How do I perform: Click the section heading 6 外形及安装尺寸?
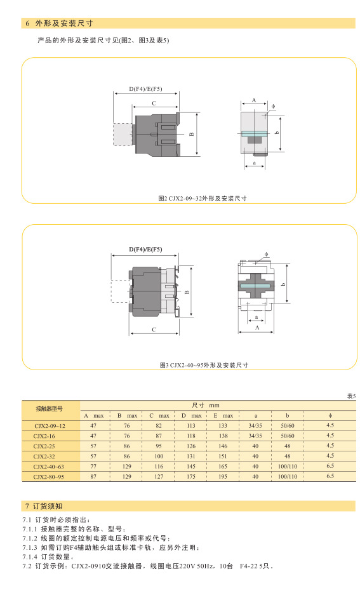pyautogui.click(x=59, y=23)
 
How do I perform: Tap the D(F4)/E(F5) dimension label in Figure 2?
pyautogui.click(x=145, y=89)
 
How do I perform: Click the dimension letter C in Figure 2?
pyautogui.click(x=154, y=103)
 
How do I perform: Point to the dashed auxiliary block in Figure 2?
pyautogui.click(x=123, y=134)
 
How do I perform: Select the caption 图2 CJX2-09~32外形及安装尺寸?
pyautogui.click(x=203, y=198)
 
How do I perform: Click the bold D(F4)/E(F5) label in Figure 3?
pyautogui.click(x=145, y=250)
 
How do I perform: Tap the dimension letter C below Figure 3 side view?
pyautogui.click(x=154, y=330)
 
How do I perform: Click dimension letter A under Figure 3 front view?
pyautogui.click(x=257, y=328)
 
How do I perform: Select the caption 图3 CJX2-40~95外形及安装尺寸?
pyautogui.click(x=204, y=365)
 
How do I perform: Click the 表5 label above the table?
pyautogui.click(x=351, y=396)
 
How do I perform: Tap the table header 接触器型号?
pyautogui.click(x=49, y=409)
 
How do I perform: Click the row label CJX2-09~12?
pyautogui.click(x=50, y=426)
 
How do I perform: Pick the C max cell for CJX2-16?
pyautogui.click(x=159, y=436)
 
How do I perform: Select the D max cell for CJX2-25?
pyautogui.click(x=191, y=446)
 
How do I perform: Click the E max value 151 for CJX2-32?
pyautogui.click(x=223, y=456)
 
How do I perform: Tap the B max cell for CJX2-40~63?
pyautogui.click(x=127, y=467)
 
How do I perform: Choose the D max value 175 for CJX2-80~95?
pyautogui.click(x=191, y=477)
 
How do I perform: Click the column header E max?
pyautogui.click(x=223, y=416)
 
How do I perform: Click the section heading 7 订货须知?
pyautogui.click(x=44, y=506)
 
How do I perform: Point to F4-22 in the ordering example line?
pyautogui.click(x=249, y=566)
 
